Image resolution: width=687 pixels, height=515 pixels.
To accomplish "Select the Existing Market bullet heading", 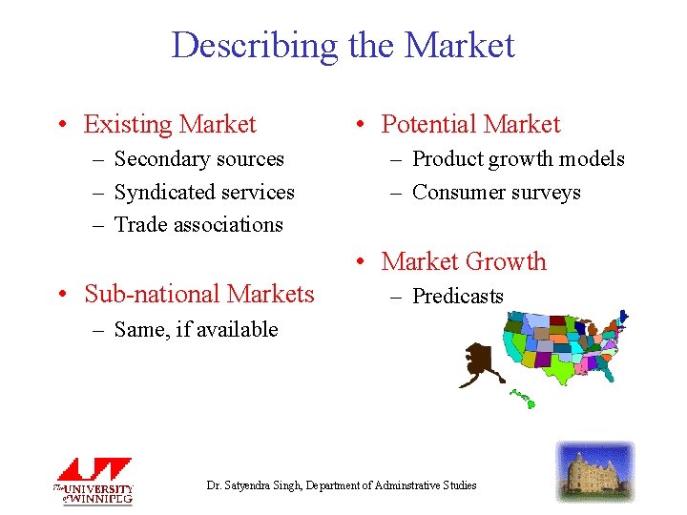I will [170, 125].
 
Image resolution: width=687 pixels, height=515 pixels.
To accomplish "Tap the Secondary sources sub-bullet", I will [198, 159].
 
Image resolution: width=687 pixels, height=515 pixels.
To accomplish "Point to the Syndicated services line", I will [204, 193].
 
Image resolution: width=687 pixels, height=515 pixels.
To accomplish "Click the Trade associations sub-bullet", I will [198, 225].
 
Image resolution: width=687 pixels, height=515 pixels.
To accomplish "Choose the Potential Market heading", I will [470, 125].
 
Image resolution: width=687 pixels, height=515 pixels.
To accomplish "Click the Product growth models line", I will [518, 159].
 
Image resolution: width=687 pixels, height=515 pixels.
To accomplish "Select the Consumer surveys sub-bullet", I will [496, 193].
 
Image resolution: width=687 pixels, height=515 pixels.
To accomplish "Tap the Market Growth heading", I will [464, 261].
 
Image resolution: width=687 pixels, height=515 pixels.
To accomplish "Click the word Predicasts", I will [457, 297].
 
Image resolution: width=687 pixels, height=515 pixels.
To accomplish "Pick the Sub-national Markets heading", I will [198, 294].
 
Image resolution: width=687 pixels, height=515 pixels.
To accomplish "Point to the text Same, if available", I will [196, 330].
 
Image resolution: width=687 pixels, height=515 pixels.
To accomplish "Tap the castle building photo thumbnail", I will [594, 472].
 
